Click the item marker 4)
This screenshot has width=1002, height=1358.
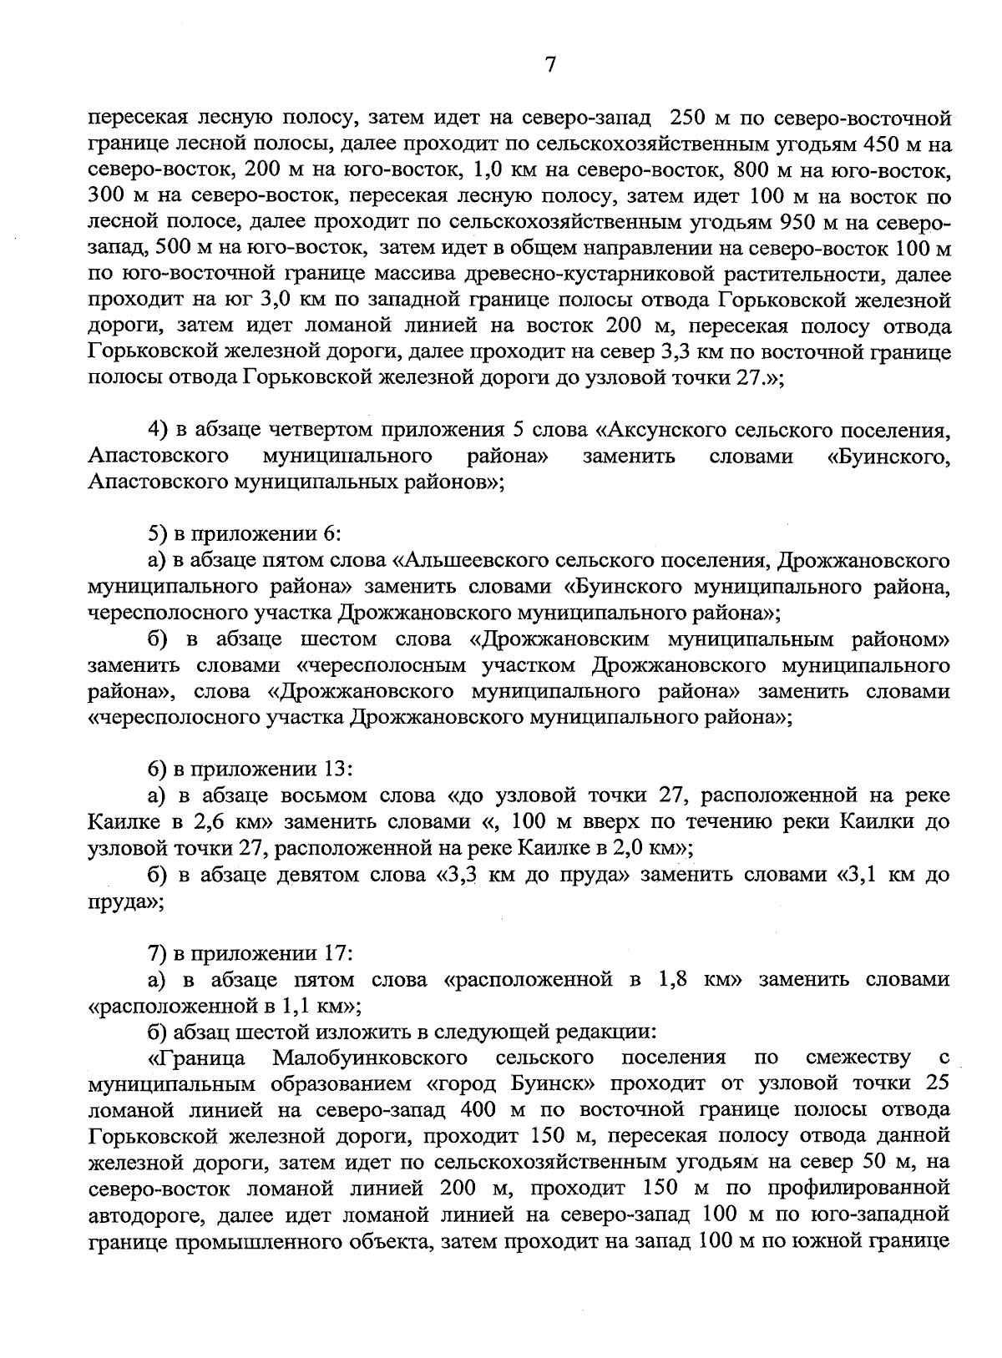pos(159,431)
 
